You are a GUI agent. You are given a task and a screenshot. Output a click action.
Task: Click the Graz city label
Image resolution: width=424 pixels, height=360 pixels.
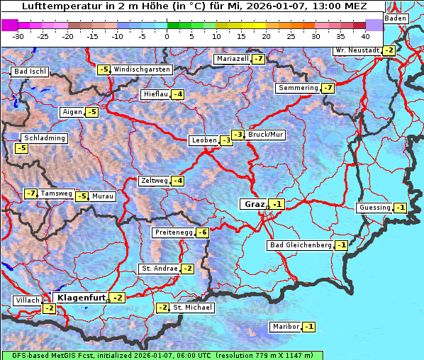tap(254, 204)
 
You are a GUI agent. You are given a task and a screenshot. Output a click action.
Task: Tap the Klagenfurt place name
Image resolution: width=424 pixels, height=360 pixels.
tap(81, 298)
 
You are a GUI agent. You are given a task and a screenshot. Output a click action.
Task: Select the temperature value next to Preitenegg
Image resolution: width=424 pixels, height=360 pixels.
tap(203, 232)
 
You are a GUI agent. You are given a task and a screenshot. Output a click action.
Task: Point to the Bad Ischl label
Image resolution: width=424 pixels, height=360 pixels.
tap(30, 72)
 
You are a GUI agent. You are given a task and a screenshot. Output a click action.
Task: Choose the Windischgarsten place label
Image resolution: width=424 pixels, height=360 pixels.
tap(142, 69)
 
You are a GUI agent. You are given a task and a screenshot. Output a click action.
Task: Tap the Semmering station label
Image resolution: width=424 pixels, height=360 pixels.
tap(299, 88)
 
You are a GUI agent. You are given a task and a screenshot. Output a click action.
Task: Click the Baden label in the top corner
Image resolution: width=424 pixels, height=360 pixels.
tap(396, 18)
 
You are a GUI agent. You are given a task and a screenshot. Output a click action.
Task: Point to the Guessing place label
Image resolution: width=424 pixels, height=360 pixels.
tap(374, 208)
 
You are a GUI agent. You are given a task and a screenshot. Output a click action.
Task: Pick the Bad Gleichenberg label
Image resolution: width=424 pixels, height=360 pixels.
tap(300, 245)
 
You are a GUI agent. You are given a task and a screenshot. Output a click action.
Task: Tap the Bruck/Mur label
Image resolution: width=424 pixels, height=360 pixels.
tap(266, 135)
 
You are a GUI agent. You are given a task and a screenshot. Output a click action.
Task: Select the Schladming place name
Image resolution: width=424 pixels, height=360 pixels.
tap(44, 138)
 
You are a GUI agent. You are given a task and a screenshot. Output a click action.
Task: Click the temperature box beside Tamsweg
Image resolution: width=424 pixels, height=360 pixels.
tap(30, 193)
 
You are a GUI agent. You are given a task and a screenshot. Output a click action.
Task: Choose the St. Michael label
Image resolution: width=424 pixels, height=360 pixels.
tap(192, 308)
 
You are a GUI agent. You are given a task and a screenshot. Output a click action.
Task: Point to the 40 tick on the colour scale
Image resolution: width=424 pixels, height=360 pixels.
tap(364, 35)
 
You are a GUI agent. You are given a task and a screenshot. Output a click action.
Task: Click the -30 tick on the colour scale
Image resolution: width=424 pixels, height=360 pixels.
tap(18, 35)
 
